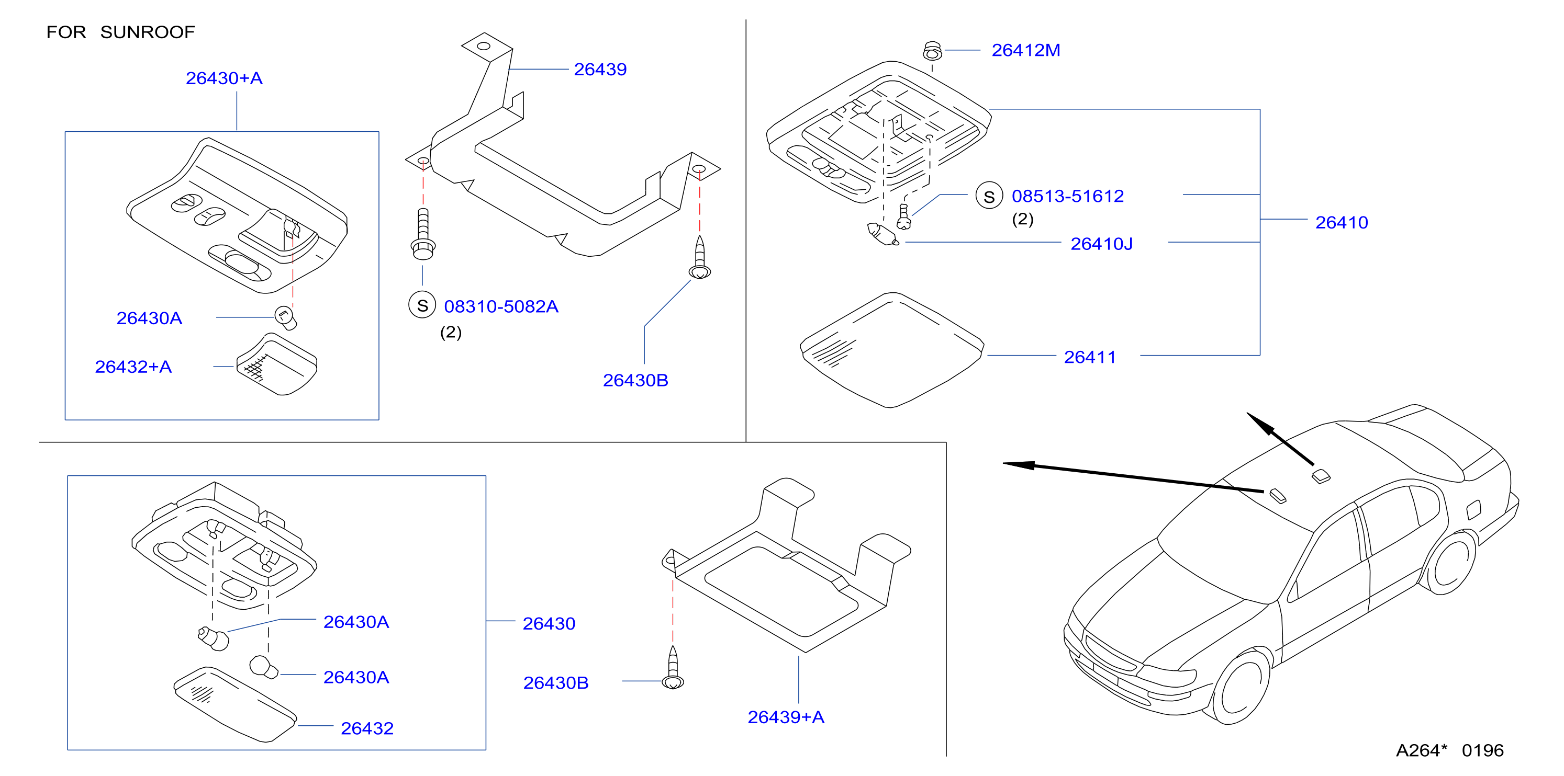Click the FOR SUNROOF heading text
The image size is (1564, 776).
[120, 32]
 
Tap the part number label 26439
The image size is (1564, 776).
[600, 70]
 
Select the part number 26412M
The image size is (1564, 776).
[1025, 50]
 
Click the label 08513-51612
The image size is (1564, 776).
[1067, 196]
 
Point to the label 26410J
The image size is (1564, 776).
[1101, 244]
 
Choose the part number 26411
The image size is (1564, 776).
[1090, 357]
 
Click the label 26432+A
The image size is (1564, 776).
[133, 367]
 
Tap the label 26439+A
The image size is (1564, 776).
[786, 717]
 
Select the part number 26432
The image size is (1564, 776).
[367, 728]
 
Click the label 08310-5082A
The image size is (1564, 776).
[501, 306]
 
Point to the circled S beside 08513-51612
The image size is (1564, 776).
[989, 196]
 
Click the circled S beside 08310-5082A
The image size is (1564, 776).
[422, 305]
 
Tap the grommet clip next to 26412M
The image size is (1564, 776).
[933, 51]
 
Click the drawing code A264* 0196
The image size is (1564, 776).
[1449, 750]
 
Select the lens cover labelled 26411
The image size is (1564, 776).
[891, 350]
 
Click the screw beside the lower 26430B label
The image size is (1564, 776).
[673, 667]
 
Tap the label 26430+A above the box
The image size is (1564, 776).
[224, 78]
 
